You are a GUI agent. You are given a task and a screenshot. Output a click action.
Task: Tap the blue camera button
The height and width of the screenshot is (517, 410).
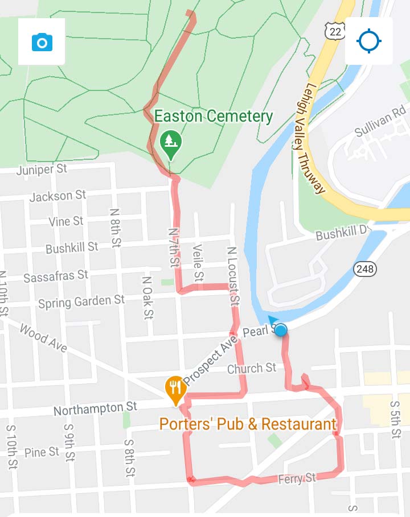click(x=42, y=42)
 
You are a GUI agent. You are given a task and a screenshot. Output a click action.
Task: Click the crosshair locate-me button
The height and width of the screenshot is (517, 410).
click(x=368, y=42)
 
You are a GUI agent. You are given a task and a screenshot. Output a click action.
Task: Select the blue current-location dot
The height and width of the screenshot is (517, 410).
click(x=280, y=330)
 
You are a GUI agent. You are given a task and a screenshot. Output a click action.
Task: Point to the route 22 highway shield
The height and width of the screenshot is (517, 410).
click(x=335, y=31)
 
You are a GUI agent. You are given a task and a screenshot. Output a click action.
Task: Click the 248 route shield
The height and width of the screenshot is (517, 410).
click(x=364, y=268)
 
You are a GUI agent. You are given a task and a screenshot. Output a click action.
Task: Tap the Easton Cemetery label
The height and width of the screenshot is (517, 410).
click(x=214, y=117)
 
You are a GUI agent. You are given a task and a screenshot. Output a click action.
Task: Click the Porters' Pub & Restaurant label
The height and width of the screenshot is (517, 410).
click(x=248, y=424)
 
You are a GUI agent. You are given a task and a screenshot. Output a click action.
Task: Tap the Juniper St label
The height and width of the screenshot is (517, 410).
click(x=42, y=169)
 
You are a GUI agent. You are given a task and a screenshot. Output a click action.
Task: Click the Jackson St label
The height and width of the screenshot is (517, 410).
click(x=58, y=196)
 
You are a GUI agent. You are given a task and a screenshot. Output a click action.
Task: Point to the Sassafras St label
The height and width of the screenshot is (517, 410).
click(x=56, y=276)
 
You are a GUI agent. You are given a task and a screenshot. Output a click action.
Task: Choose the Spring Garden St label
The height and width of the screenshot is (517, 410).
click(x=81, y=301)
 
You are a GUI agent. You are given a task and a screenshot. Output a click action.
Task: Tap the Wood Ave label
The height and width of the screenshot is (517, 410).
click(x=43, y=338)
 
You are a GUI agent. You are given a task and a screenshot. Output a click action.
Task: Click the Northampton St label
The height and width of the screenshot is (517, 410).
click(x=95, y=408)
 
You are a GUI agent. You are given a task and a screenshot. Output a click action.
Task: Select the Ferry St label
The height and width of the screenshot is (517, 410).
click(x=297, y=479)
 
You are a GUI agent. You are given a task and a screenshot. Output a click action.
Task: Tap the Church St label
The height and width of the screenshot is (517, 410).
click(x=252, y=369)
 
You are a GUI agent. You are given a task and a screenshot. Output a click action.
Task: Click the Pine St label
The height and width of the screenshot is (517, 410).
click(x=42, y=452)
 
